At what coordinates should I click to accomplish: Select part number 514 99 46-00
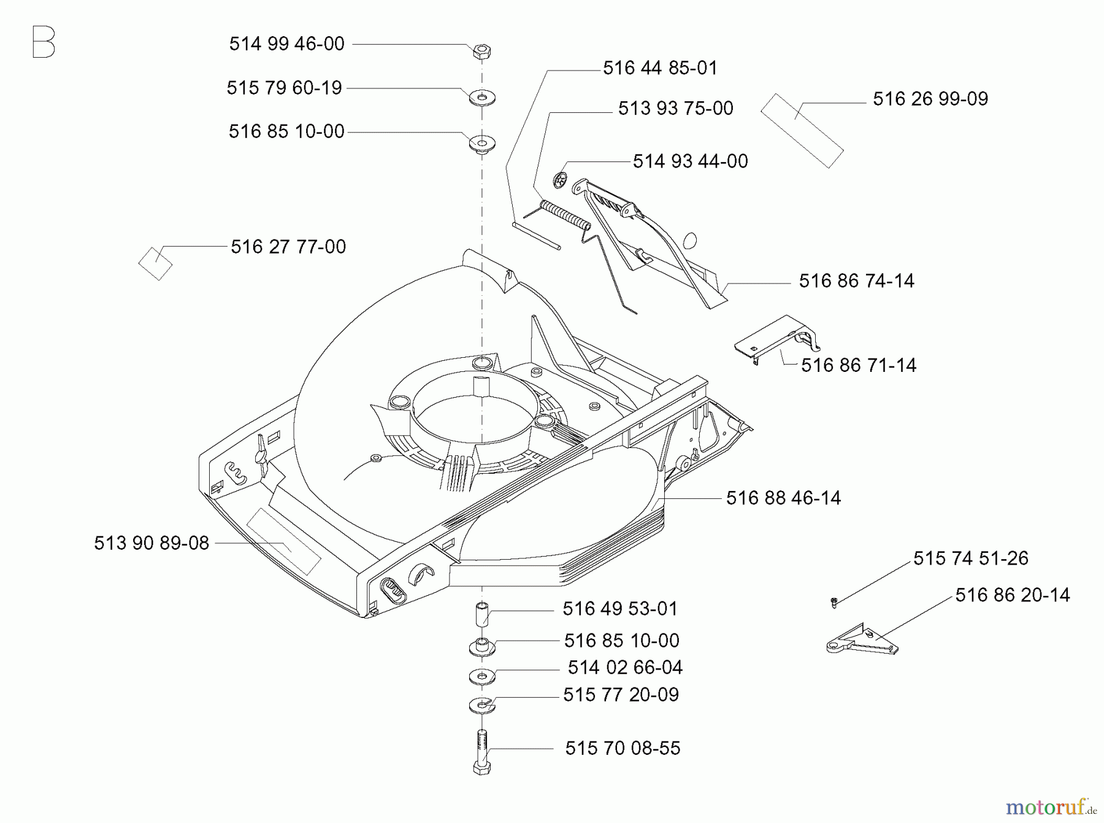pyautogui.click(x=286, y=44)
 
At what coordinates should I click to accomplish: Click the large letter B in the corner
pyautogui.click(x=44, y=42)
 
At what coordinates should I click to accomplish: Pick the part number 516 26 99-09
pyautogui.click(x=930, y=99)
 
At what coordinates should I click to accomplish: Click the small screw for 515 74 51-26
pyautogui.click(x=834, y=603)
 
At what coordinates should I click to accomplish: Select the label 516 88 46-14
pyautogui.click(x=783, y=498)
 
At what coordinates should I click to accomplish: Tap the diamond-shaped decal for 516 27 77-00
pyautogui.click(x=156, y=263)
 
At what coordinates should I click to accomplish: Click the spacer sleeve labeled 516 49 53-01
pyautogui.click(x=482, y=614)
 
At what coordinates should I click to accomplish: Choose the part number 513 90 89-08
pyautogui.click(x=151, y=543)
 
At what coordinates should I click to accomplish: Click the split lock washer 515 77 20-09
pyautogui.click(x=482, y=705)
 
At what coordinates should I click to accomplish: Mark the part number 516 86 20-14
pyautogui.click(x=1012, y=595)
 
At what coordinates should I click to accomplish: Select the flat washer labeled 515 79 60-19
pyautogui.click(x=482, y=97)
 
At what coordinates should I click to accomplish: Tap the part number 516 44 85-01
pyautogui.click(x=660, y=68)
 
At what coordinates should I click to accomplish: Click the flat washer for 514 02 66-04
pyautogui.click(x=482, y=676)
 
